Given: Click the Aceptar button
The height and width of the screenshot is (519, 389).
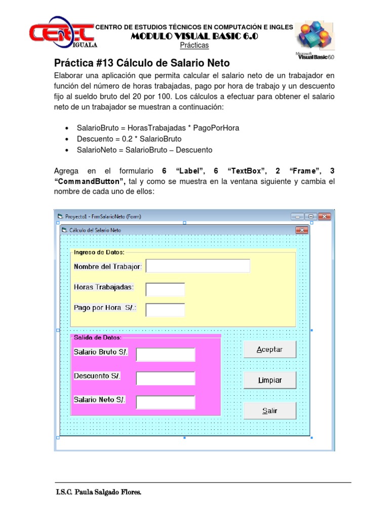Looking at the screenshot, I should point(270,349).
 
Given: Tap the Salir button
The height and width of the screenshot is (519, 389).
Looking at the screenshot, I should point(270,411).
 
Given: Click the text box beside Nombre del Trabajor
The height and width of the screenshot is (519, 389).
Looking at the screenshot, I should point(198,266).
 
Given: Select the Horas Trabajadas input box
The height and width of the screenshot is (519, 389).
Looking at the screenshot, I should point(165,289).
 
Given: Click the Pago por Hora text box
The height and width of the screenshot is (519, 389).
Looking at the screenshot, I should point(165,310).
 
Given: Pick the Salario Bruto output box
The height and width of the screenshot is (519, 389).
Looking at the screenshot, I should point(166,355).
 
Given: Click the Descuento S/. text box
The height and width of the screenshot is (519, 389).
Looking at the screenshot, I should point(166,378).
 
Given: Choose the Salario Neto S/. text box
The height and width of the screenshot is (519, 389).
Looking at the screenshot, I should point(166,402).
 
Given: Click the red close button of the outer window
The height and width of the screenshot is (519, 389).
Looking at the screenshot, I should point(324,216).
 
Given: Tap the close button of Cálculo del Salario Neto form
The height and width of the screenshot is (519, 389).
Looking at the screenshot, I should point(302,231).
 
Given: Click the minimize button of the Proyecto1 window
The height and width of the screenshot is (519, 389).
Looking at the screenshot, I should point(298,216).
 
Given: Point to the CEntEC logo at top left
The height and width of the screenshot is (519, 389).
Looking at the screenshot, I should point(61,33).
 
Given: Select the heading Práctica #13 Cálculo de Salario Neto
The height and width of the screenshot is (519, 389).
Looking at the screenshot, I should point(142,63).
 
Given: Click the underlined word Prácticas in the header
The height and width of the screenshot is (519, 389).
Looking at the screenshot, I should point(194,46).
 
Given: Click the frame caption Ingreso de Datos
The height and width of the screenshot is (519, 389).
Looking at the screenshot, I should point(99,252).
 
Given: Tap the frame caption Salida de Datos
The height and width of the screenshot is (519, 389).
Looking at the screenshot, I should point(97,337).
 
